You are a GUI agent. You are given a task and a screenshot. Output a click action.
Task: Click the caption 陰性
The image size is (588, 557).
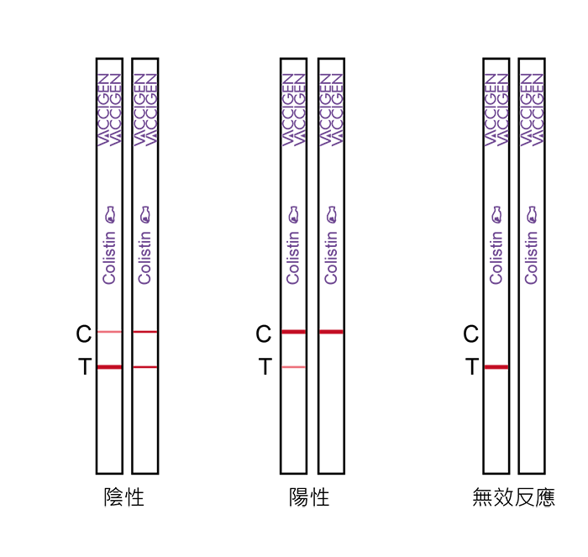124,497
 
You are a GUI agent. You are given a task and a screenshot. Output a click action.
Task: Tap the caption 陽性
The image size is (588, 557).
309,497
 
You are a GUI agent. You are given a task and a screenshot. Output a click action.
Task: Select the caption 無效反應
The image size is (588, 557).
513,497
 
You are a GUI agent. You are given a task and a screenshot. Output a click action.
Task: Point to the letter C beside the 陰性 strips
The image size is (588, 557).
84,334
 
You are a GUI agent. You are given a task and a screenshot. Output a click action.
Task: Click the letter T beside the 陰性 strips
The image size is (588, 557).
85,366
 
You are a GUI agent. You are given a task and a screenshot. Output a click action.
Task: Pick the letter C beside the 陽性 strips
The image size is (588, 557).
263,334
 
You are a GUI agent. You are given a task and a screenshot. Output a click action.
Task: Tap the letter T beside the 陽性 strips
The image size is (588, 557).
265,366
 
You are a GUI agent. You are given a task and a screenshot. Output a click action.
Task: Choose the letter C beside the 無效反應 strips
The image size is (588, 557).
470,334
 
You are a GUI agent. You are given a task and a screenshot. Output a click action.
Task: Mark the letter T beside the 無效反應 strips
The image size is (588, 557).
472,366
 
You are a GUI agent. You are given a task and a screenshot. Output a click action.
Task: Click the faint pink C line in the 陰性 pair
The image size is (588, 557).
109,332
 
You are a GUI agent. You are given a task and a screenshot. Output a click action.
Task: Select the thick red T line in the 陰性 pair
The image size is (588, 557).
109,367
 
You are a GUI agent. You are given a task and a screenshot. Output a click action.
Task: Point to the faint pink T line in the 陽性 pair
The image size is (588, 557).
294,367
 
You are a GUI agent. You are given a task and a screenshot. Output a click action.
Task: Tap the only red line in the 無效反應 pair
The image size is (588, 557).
496,367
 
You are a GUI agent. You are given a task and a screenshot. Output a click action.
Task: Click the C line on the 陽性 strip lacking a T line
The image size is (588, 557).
331,332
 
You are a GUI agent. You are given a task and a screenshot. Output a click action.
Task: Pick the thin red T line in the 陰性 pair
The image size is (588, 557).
145,367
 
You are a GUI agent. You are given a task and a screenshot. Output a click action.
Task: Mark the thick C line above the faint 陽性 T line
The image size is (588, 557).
294,332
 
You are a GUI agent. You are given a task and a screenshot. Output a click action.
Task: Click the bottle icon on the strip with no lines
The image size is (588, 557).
532,214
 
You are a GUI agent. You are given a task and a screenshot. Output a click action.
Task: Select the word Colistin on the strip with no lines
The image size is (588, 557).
532,258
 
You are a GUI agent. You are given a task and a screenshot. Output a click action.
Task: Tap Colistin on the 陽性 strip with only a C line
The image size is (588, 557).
331,258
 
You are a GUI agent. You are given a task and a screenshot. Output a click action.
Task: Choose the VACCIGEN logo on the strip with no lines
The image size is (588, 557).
532,109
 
